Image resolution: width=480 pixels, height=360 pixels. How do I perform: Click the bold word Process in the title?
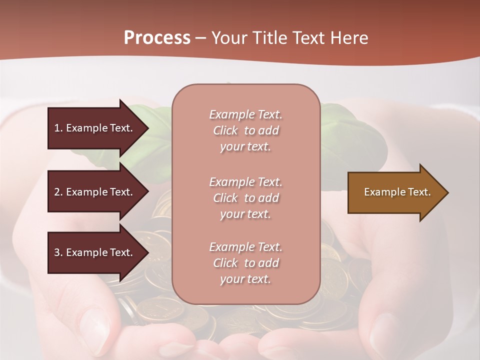tap(157, 38)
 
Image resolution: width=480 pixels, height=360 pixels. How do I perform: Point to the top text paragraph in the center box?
tap(245, 130)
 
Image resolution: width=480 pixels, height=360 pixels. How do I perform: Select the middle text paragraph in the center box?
tap(245, 198)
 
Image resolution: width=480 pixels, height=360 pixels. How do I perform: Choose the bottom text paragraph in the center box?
tap(245, 263)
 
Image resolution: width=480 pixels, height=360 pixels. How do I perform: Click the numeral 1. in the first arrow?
tap(58, 128)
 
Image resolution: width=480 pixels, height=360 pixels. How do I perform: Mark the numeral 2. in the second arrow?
tap(58, 192)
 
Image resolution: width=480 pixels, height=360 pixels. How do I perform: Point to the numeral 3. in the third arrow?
tap(58, 252)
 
